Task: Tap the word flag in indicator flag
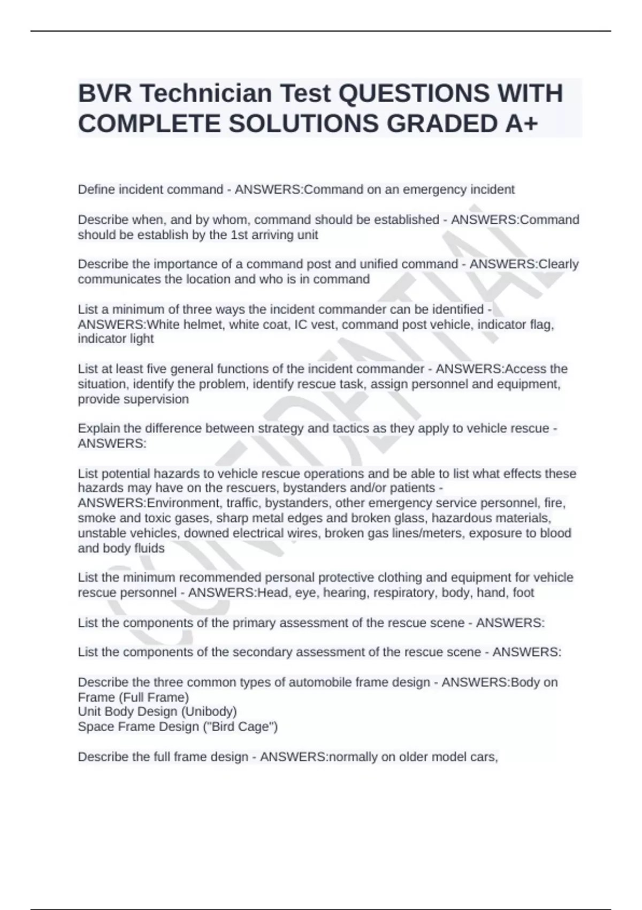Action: (x=541, y=324)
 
